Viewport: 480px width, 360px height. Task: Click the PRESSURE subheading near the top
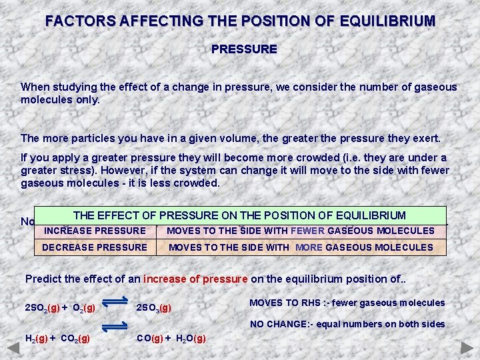[x=244, y=49]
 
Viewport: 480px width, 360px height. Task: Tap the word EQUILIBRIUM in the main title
[x=381, y=21]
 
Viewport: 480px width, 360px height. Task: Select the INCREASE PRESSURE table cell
[x=95, y=231]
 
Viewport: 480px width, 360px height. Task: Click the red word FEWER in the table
[x=307, y=231]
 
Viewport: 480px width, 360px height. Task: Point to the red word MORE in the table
[x=309, y=247]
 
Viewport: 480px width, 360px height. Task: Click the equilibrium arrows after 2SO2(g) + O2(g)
[x=117, y=303]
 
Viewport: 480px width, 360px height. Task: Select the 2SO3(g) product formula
[x=154, y=308]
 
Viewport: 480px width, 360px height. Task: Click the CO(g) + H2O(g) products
[x=171, y=338]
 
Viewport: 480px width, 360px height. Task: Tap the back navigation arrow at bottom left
[x=13, y=349]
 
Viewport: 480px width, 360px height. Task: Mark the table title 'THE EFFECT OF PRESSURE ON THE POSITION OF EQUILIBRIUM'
[x=239, y=215]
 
